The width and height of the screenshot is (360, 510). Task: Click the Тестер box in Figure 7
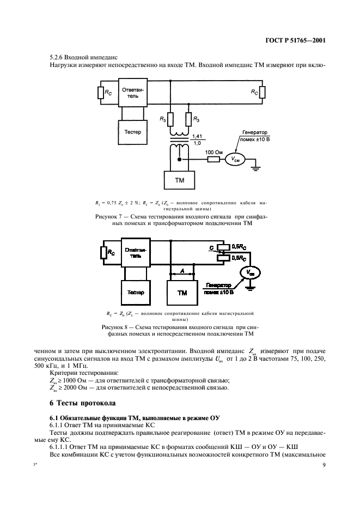pos(132,132)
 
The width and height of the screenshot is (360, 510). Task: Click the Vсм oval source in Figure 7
pos(236,160)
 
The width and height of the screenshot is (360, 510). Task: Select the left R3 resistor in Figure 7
pos(169,119)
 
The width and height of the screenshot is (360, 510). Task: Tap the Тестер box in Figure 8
pos(135,292)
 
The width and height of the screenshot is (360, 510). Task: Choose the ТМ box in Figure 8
pos(182,292)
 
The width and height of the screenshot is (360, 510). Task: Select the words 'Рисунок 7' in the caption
pos(111,217)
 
